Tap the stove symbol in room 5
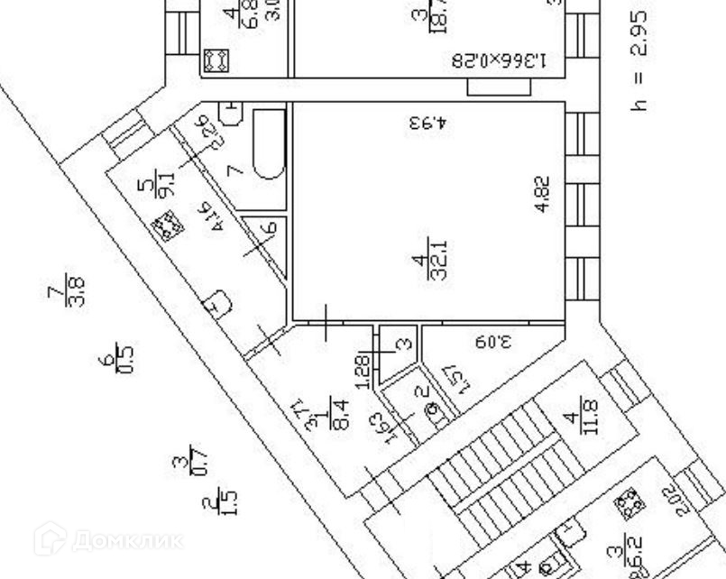coord(166,225)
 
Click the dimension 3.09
coord(487,343)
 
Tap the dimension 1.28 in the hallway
coord(363,371)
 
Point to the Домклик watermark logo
coord(108,539)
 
